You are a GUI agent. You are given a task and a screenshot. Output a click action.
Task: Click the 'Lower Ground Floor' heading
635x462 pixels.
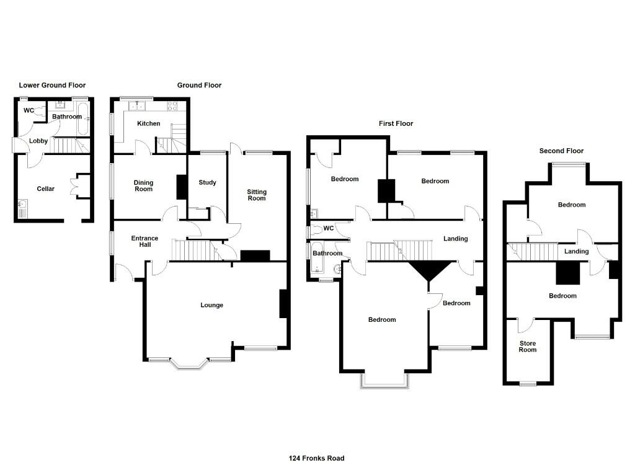click(52, 85)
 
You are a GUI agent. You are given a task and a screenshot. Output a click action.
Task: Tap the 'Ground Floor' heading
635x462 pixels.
click(199, 85)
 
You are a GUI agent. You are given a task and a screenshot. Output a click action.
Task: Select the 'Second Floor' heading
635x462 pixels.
click(561, 151)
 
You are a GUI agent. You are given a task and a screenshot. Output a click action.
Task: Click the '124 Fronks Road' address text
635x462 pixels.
click(316, 458)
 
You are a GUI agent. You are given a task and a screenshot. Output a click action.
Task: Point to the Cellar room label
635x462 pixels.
click(46, 189)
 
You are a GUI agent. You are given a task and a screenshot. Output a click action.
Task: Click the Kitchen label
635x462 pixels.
click(148, 123)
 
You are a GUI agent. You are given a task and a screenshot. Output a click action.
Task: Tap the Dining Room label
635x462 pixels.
click(143, 185)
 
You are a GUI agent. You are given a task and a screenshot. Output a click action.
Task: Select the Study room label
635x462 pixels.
click(207, 182)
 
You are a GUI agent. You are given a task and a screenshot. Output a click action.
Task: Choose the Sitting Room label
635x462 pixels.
click(256, 195)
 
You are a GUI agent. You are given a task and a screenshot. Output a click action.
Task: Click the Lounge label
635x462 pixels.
click(211, 305)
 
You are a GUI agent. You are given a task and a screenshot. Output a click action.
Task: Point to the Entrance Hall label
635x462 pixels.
click(144, 241)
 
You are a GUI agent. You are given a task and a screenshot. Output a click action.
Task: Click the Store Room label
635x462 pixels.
click(528, 346)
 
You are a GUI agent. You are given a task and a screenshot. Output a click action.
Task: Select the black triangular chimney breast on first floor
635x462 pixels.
click(429, 270)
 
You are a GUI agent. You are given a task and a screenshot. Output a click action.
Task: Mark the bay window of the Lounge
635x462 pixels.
click(190, 364)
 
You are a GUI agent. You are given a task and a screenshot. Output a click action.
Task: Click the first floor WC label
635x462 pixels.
click(329, 228)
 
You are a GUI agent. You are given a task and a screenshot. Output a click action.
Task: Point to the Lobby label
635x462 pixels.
click(38, 141)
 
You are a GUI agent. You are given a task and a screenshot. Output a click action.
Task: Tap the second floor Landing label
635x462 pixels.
click(576, 251)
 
